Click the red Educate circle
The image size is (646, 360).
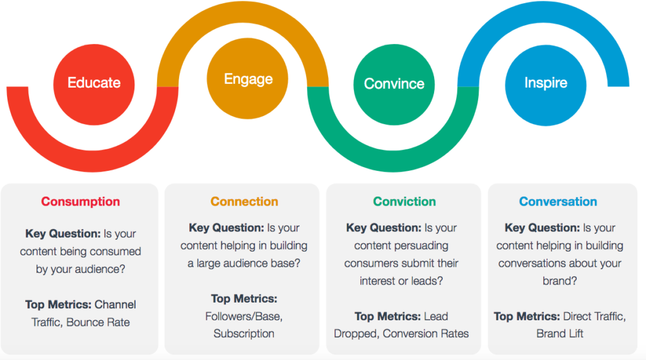point(94,83)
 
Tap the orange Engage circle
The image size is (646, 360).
point(248,79)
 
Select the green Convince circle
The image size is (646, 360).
point(394,84)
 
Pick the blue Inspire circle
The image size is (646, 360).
point(546,83)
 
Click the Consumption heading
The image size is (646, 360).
point(80,202)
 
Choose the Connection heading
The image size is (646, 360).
point(244,202)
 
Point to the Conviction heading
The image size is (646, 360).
point(404,202)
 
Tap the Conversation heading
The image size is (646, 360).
point(558,202)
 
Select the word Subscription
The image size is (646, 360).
point(244,334)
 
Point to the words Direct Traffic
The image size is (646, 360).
point(594,316)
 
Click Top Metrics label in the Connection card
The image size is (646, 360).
point(244,298)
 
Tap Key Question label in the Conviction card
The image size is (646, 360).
point(384,228)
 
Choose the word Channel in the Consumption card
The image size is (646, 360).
point(115,305)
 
